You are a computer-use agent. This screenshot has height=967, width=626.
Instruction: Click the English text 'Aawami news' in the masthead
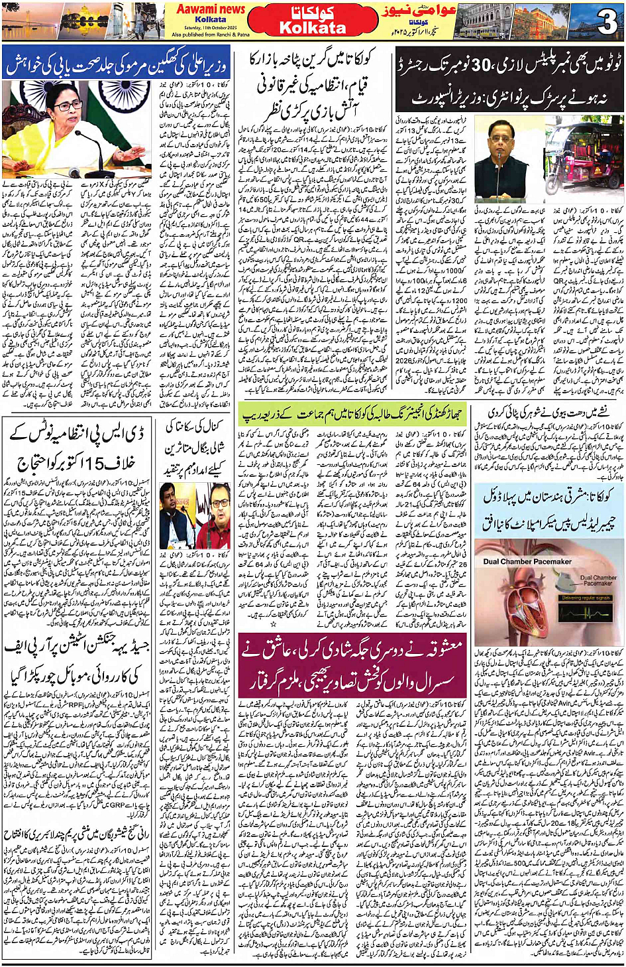(210, 9)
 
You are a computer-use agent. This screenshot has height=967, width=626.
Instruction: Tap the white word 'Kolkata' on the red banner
(312, 28)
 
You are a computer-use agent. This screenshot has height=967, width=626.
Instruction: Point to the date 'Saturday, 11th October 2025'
(209, 27)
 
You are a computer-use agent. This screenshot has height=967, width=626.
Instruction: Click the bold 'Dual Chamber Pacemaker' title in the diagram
(527, 561)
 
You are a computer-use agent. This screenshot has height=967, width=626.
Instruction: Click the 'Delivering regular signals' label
(586, 598)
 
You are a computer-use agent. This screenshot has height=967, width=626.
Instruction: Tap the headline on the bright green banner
(351, 413)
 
